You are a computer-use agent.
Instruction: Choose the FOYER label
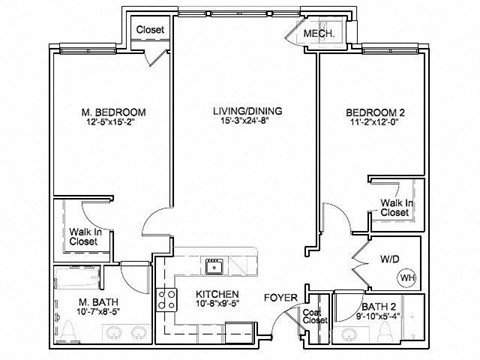(281, 298)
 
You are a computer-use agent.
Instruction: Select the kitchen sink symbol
(212, 266)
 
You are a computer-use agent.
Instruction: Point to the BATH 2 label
(378, 308)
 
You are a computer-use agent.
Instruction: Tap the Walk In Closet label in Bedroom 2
(395, 207)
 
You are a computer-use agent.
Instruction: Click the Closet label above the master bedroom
(150, 30)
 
